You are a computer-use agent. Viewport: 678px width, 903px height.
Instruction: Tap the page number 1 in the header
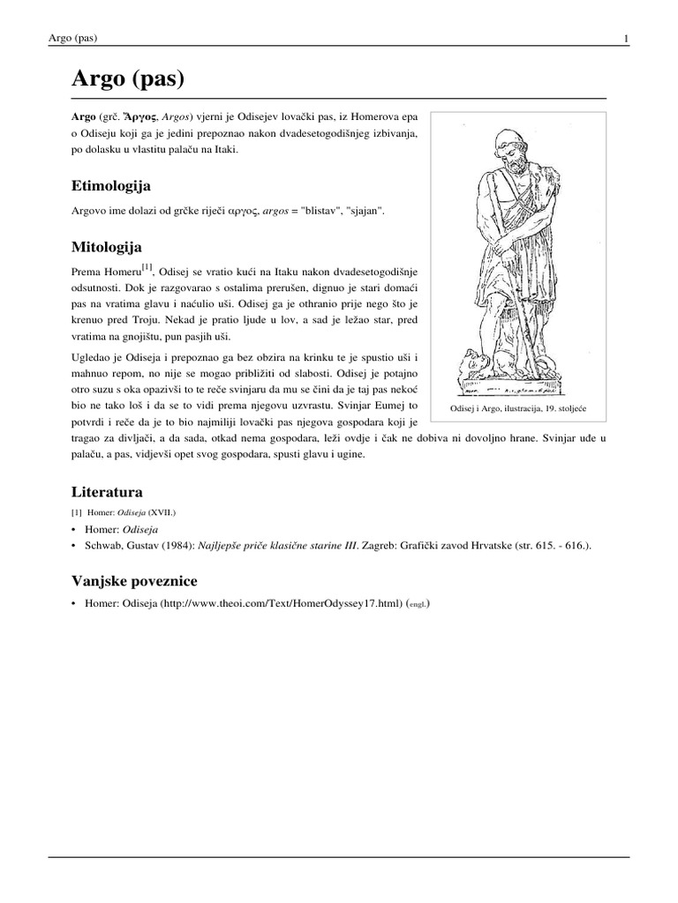pos(626,38)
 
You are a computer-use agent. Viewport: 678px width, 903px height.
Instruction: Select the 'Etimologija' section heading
pos(110,186)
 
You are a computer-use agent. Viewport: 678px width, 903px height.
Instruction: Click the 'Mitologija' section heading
pos(106,246)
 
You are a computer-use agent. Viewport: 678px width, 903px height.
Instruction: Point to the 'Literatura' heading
pos(106,491)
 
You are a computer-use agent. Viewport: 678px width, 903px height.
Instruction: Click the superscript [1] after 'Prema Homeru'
pos(147,265)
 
